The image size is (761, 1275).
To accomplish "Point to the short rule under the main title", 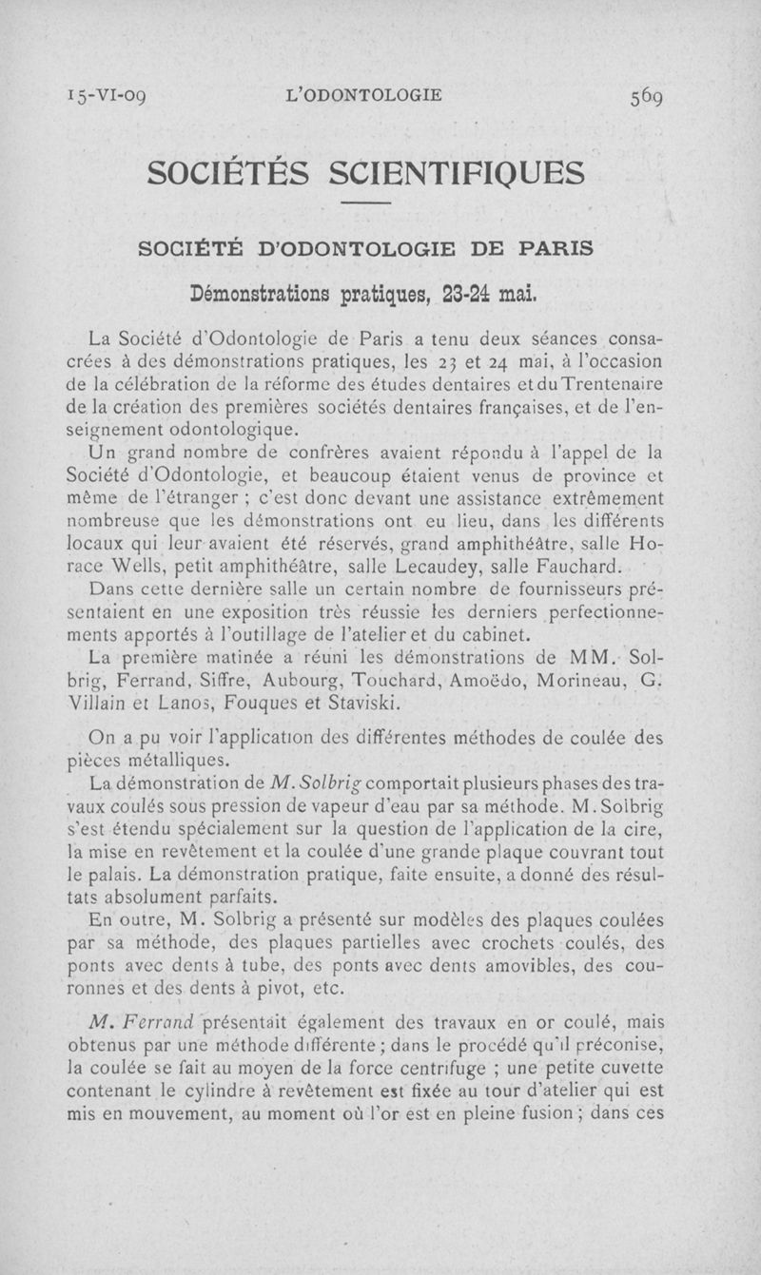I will point(366,205).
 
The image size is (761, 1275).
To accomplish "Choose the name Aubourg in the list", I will point(313,681).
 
